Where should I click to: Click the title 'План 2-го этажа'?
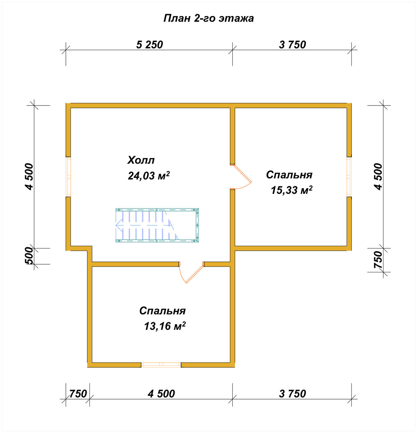pos(208,18)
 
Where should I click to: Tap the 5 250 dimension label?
pos(150,45)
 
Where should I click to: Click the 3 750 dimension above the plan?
pos(293,45)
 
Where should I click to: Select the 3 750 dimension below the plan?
pos(293,394)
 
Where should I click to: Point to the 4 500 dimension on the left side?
pos(29,177)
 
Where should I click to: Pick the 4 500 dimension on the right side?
pos(378,177)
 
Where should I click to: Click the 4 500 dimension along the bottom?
pos(161,394)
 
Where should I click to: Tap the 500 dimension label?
pos(29,256)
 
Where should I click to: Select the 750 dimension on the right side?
pos(378,260)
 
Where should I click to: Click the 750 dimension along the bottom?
pos(78,394)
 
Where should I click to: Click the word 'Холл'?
pos(141,160)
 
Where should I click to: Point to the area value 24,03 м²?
pos(149,176)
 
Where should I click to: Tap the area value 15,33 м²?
pos(292,190)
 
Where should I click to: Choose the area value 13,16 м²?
pos(165,326)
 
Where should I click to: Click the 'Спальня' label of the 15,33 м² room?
pos(289,175)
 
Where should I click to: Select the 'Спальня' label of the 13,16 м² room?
pos(163,311)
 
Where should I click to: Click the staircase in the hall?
pos(157,225)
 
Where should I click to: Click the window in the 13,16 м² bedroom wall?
pos(161,365)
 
